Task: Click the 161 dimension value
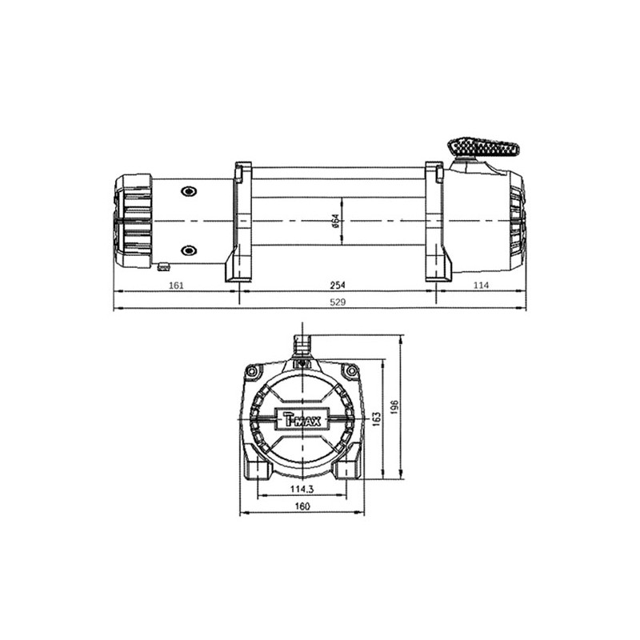pos(176,286)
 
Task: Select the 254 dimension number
pos(338,286)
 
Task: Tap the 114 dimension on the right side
pos(481,286)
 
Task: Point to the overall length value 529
pos(338,302)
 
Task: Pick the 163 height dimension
pos(376,418)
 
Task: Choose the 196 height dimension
pos(394,407)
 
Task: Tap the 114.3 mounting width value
pos(302,489)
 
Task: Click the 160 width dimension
pos(302,506)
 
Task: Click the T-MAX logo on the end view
pos(302,418)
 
